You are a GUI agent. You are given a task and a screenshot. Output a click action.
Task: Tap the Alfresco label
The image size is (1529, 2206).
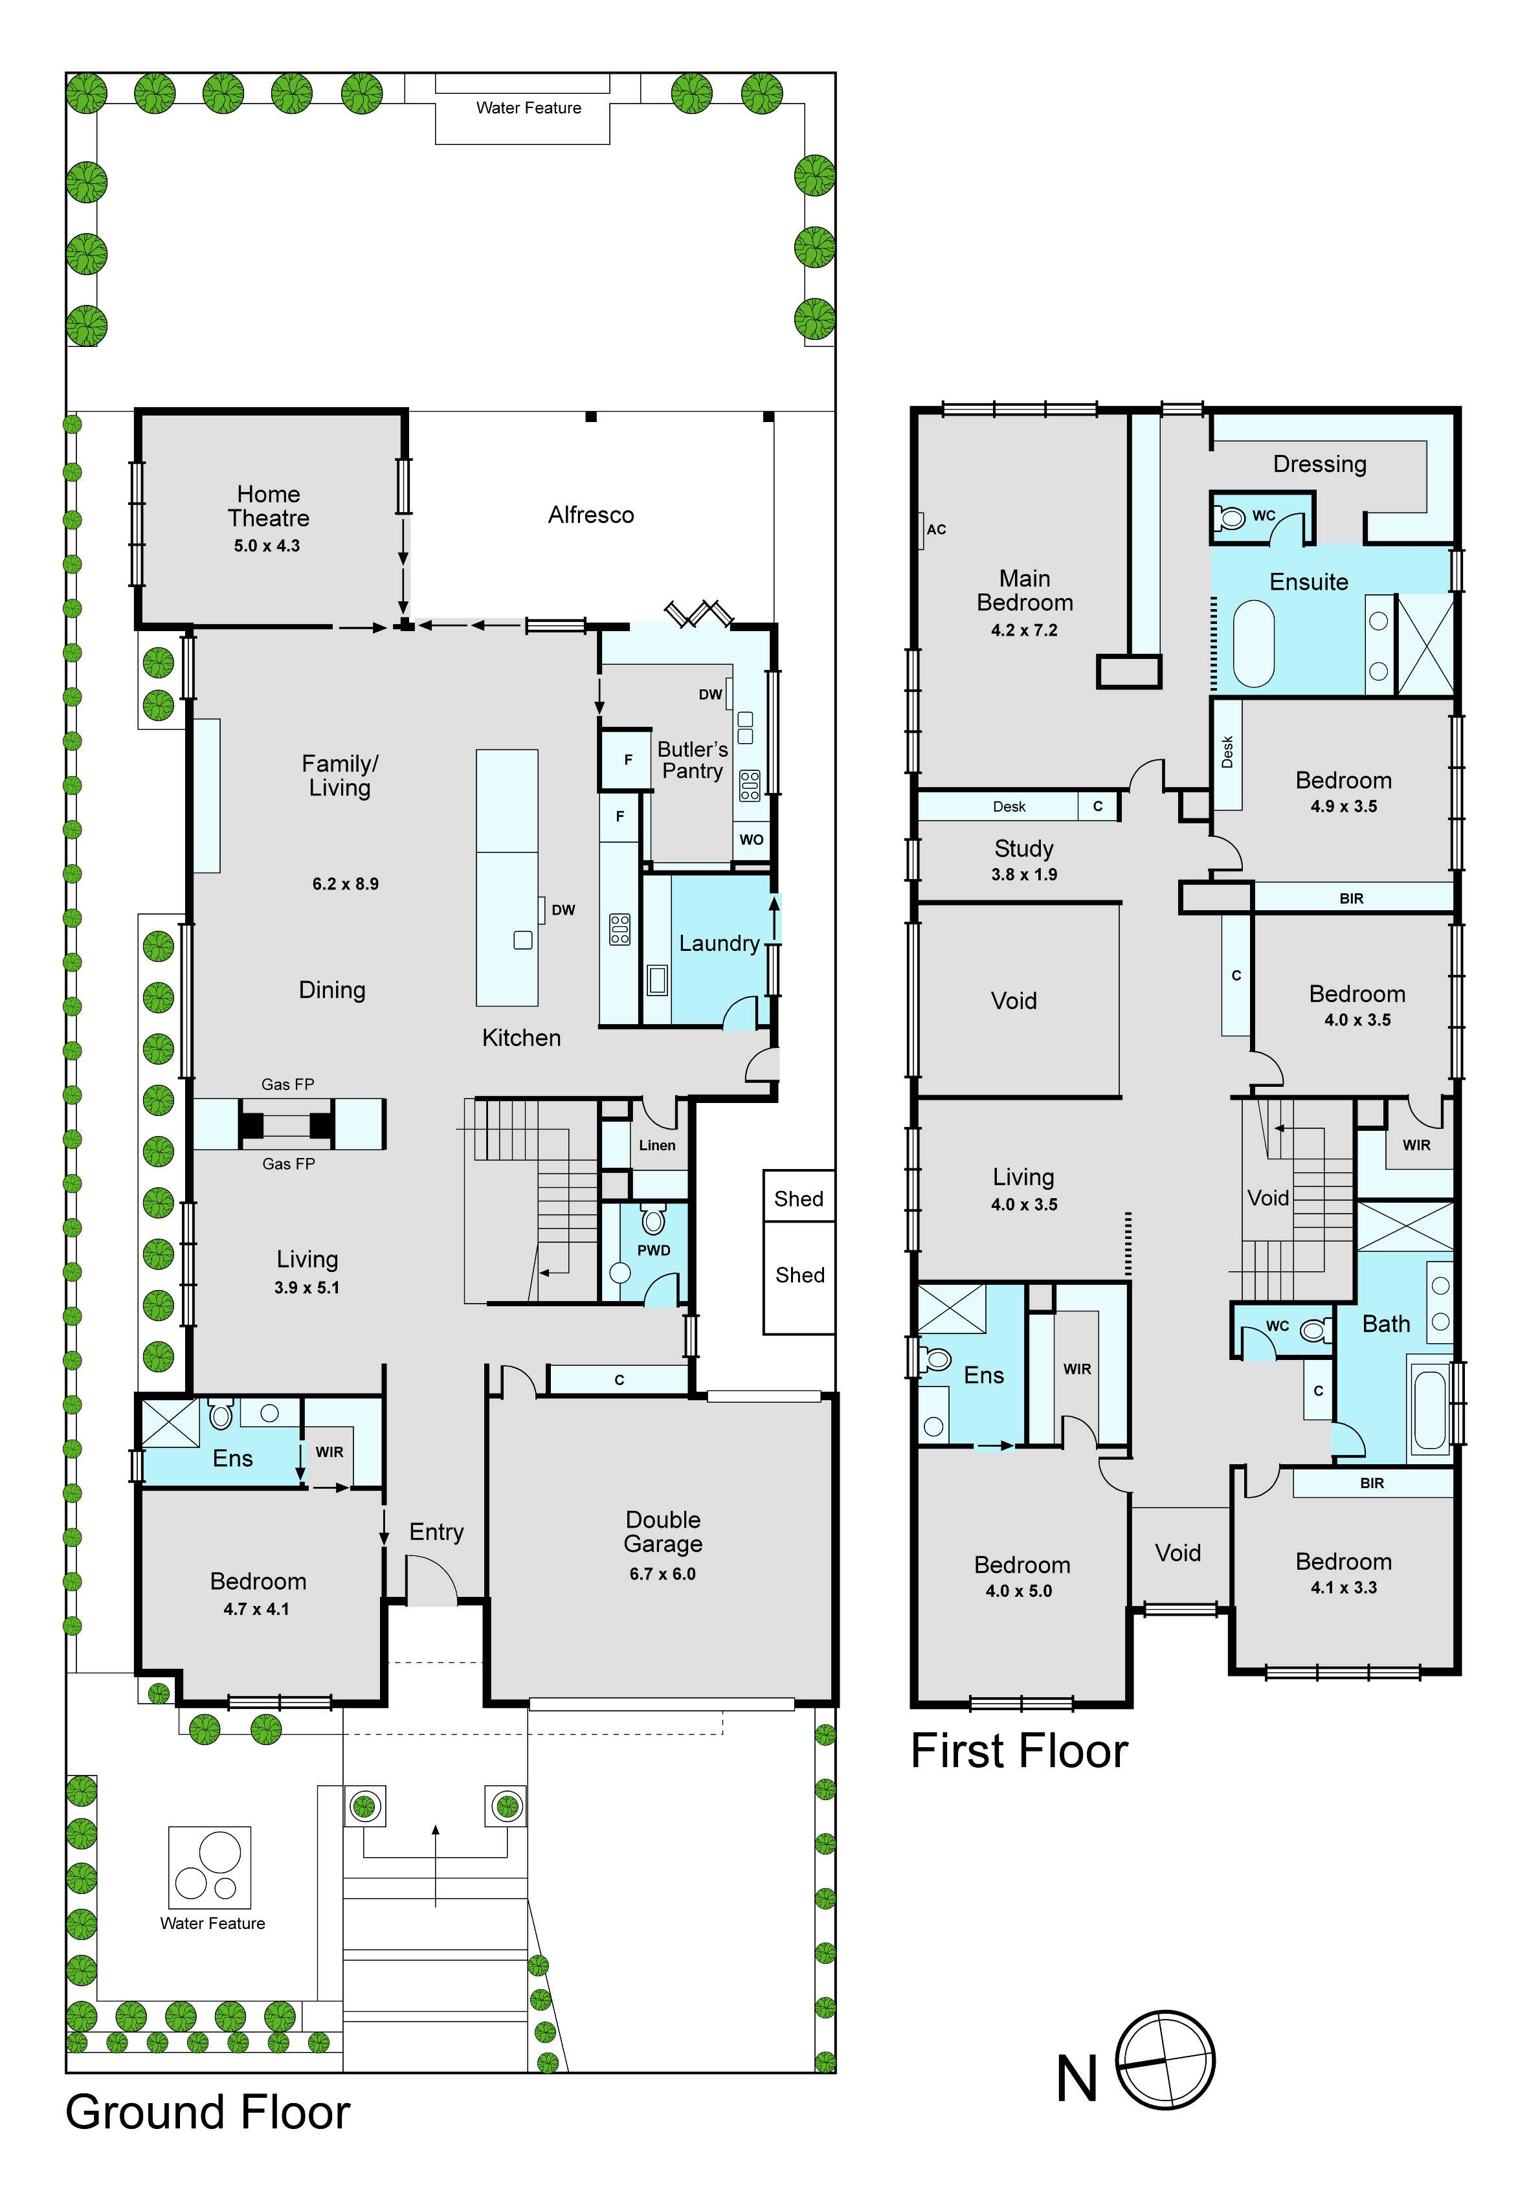(591, 515)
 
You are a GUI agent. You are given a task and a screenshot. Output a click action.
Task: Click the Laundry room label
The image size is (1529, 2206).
(719, 944)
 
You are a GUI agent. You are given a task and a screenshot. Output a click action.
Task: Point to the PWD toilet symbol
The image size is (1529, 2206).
(653, 1220)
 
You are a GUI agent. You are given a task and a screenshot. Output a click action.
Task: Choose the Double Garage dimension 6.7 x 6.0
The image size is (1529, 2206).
(663, 1574)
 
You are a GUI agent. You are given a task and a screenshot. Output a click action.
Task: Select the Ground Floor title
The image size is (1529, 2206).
(208, 2112)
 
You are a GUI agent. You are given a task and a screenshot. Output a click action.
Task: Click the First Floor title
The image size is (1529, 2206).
(1020, 1751)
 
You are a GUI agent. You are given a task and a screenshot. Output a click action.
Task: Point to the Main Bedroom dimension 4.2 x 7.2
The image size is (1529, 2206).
(1024, 630)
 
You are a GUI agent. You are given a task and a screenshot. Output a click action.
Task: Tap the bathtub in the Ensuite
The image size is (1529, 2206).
(1253, 643)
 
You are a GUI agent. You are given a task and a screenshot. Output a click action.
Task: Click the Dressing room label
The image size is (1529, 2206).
(1319, 465)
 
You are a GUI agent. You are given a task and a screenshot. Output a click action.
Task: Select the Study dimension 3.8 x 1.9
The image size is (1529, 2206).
(1024, 875)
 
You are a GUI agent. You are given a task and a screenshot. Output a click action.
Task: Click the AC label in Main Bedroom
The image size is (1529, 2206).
(936, 529)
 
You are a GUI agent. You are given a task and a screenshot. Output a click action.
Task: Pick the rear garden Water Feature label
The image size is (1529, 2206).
(529, 108)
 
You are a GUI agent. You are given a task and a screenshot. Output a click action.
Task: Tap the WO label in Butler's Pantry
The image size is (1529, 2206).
(751, 840)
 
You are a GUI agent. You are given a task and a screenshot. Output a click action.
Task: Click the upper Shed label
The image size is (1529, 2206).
(799, 1199)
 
